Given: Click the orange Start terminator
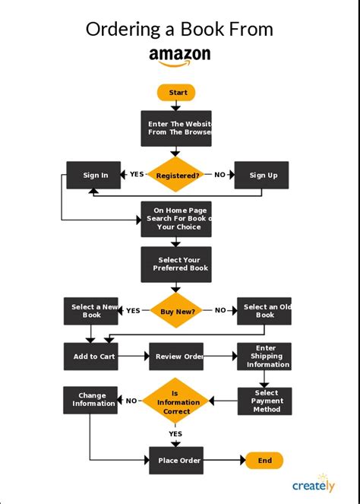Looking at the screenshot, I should tap(176, 93).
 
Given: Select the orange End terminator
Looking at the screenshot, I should tap(264, 461).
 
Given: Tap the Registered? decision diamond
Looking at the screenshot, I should tap(176, 175).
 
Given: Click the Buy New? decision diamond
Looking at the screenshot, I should tap(176, 310).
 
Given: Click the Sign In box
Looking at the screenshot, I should tap(95, 175).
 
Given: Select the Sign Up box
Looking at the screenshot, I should tap(262, 175).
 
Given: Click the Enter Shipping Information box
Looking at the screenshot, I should tap(264, 357).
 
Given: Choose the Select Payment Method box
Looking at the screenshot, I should tap(264, 401).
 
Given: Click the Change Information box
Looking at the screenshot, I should tap(90, 399).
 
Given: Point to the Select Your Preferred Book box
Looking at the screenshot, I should tap(176, 265).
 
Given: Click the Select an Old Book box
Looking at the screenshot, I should tap(264, 310).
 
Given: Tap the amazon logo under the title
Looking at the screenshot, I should tap(180, 56).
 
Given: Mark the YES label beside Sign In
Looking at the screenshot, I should tap(137, 175).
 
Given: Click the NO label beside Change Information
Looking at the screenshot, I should tap(131, 401).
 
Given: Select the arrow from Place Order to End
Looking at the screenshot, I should tap(223, 461).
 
